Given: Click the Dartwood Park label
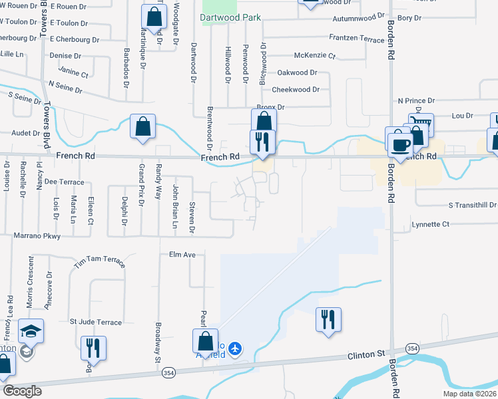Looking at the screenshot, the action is coord(231,17).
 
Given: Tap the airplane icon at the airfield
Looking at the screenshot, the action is coord(234,348).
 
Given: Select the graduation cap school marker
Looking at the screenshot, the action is coord(31,331).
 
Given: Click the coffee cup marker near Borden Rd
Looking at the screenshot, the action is coord(400,144).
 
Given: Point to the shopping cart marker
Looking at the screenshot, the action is coord(420,125).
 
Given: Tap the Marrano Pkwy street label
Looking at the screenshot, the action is coord(37,235).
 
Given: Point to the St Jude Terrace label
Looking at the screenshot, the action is coord(96,323).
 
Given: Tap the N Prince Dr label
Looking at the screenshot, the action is coord(416,100).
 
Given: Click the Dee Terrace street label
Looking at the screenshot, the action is coord(64,182).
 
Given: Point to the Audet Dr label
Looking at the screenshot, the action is coord(26,133).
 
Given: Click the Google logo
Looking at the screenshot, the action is coord(23,391).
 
